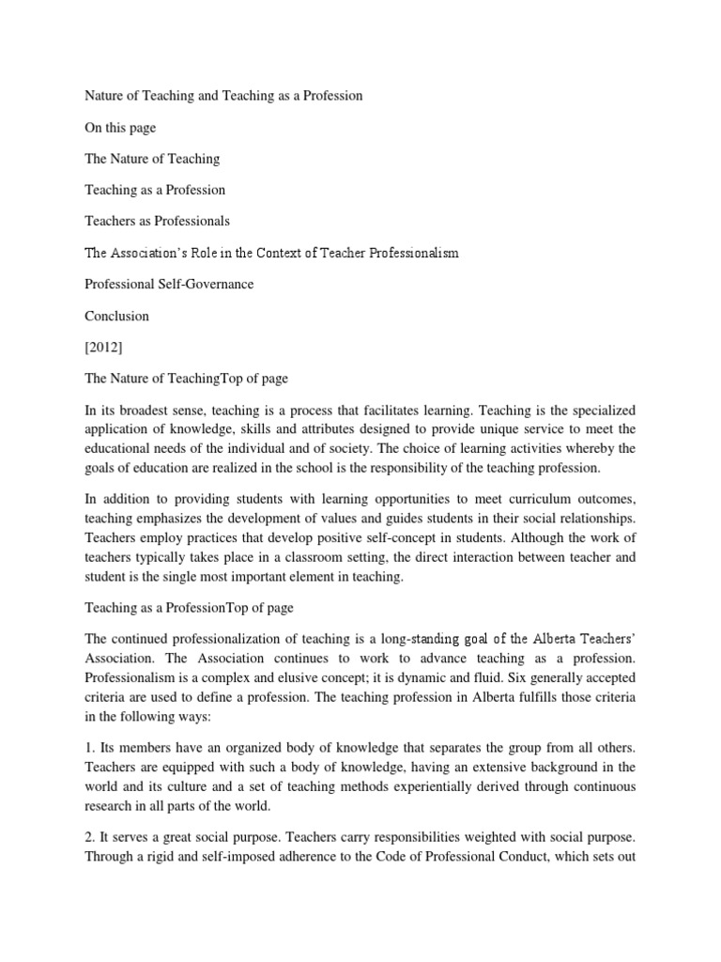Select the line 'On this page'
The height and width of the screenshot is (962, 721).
tap(121, 128)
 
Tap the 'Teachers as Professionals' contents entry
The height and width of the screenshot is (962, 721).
tap(157, 222)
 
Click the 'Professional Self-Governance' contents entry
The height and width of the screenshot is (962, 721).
tap(169, 285)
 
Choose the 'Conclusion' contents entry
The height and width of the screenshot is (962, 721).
tap(116, 317)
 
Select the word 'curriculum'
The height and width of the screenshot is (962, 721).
tap(529, 497)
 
